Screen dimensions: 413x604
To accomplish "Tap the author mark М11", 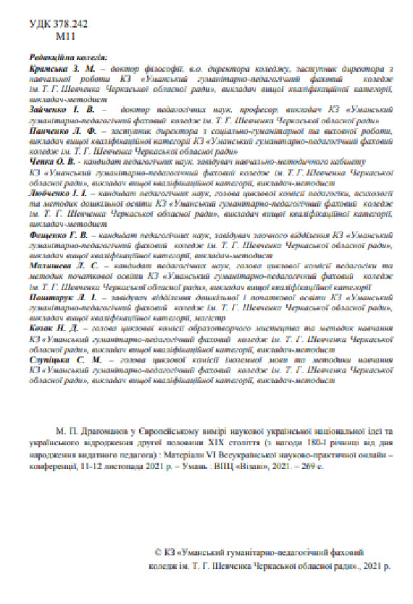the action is tap(64, 34).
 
